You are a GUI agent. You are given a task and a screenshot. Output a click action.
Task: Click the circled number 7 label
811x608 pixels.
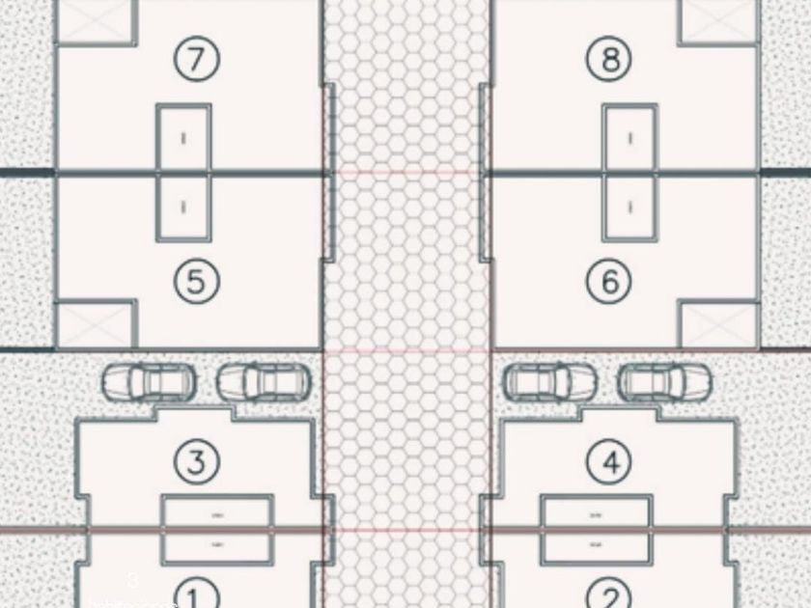point(196,60)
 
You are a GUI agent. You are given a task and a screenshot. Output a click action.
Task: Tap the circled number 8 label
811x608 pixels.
point(609,60)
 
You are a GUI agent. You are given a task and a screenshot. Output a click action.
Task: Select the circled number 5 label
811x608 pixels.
point(196,282)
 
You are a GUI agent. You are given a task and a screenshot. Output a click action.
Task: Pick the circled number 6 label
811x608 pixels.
point(609,282)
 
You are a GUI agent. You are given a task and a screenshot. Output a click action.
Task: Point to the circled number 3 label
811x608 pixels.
point(196,461)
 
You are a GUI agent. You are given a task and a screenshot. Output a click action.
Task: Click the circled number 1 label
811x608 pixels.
point(196,592)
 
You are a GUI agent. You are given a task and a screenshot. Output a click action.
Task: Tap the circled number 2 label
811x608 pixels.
point(609,592)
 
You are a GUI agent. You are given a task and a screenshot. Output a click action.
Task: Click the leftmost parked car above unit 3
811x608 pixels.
point(149,382)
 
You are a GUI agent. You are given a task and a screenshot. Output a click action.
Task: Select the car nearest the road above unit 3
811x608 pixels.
point(264,382)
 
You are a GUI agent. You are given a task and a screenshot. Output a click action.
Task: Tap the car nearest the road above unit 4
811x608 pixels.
point(539,382)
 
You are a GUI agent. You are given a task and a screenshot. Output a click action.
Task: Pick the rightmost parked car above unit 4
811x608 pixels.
point(665,382)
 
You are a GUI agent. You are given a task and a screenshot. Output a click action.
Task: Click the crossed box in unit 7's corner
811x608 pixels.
point(95,21)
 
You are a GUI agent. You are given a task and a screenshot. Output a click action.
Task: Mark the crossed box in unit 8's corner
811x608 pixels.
point(718,21)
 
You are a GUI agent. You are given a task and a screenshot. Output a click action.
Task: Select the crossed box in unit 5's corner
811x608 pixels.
point(95,324)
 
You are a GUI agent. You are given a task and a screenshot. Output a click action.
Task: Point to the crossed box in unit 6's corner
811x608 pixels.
point(718,324)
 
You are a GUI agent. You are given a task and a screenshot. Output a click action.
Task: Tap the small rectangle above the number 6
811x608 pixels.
point(629,207)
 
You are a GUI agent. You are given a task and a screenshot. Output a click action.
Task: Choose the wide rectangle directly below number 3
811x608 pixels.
point(216,512)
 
